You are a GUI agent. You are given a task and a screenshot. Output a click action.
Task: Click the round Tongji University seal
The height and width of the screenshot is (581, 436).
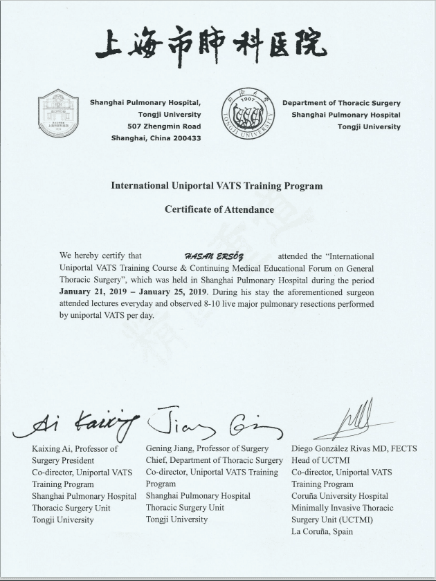(x=248, y=115)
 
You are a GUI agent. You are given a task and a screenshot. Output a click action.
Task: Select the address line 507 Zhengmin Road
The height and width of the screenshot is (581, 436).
(x=164, y=126)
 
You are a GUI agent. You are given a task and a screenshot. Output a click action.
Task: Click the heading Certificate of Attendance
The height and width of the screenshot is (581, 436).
(x=219, y=209)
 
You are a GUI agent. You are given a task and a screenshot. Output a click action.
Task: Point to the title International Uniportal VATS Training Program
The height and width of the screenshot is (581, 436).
(x=217, y=186)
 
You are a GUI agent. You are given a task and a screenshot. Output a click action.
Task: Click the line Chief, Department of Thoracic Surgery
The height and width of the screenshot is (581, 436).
(x=214, y=461)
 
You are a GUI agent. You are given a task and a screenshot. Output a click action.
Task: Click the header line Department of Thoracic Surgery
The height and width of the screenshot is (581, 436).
(x=341, y=103)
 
